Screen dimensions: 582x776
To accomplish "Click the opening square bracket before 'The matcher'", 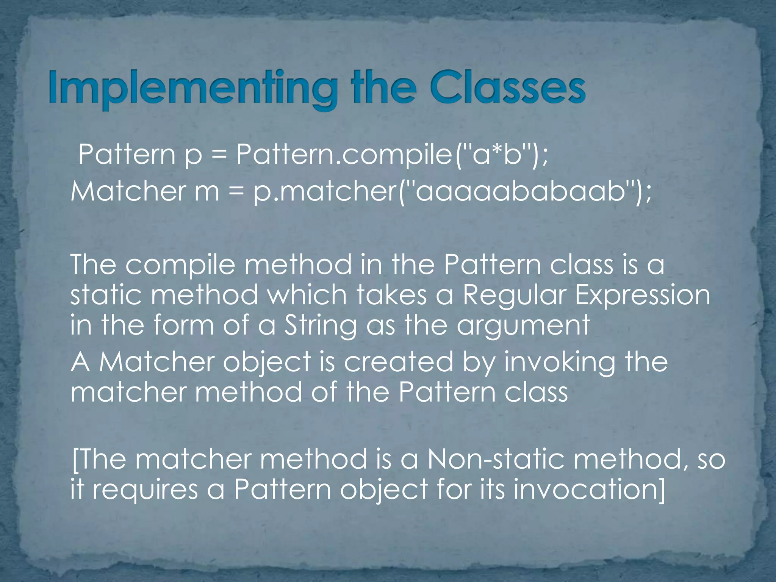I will (74, 460).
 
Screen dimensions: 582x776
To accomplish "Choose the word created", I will (398, 362).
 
